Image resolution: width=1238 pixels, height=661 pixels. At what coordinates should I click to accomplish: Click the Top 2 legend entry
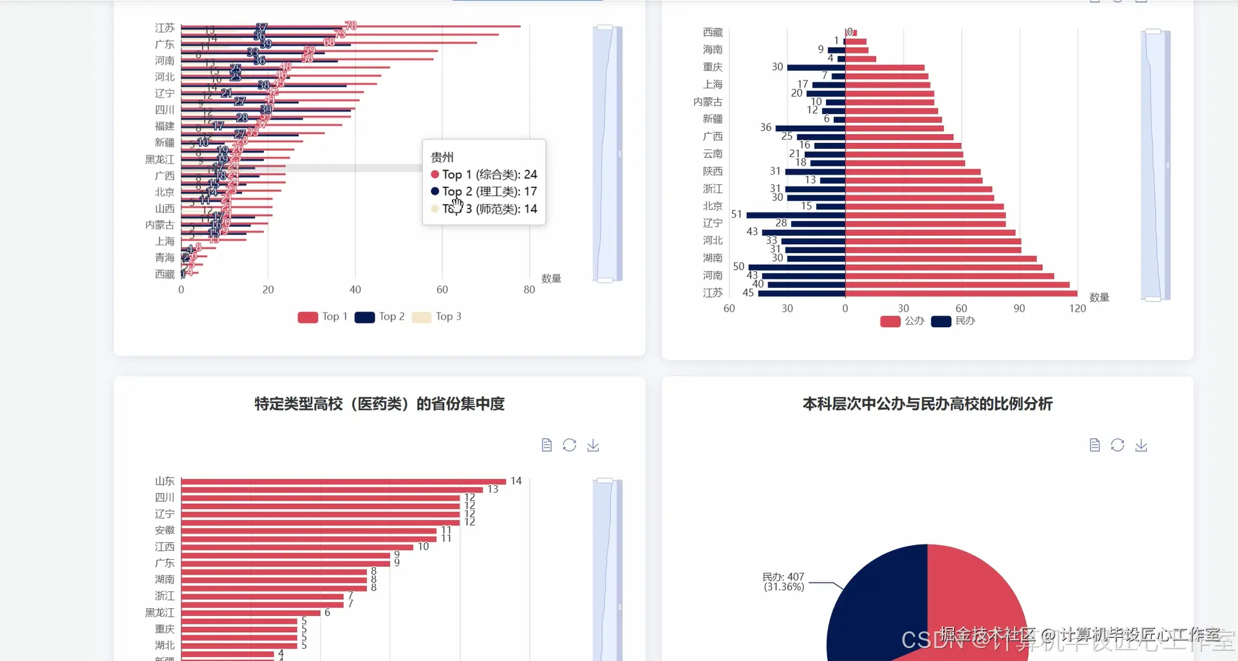(x=380, y=317)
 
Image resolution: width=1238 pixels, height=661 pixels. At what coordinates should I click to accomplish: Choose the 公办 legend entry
(x=902, y=321)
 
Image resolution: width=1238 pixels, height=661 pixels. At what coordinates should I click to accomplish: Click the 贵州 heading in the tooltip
(x=442, y=157)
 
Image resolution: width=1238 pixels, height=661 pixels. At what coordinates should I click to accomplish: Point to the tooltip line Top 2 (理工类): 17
(x=489, y=191)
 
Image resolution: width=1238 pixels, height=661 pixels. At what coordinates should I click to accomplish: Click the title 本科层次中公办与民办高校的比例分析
(x=927, y=404)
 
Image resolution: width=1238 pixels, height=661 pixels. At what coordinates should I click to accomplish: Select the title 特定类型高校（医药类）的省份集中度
(x=379, y=404)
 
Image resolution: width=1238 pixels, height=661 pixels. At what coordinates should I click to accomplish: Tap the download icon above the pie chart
(x=1141, y=445)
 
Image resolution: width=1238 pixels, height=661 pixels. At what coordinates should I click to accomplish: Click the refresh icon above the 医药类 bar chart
(x=569, y=445)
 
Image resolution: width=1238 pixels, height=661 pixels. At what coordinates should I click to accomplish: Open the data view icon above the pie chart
(x=1094, y=445)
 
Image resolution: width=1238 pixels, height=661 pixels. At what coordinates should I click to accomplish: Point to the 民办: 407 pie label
(x=783, y=582)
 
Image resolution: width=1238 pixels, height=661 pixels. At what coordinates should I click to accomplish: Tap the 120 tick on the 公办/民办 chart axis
(x=1077, y=309)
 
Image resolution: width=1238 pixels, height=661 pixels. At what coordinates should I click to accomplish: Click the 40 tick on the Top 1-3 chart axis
(x=355, y=290)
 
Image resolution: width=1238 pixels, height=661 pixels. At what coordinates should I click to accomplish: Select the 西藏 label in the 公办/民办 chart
(x=713, y=32)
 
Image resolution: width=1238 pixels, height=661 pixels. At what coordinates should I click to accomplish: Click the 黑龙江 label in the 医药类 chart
(x=160, y=612)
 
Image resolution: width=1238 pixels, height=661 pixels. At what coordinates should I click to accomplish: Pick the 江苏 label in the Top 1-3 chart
(x=165, y=28)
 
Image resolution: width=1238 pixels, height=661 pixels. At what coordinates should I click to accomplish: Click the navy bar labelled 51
(x=795, y=215)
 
